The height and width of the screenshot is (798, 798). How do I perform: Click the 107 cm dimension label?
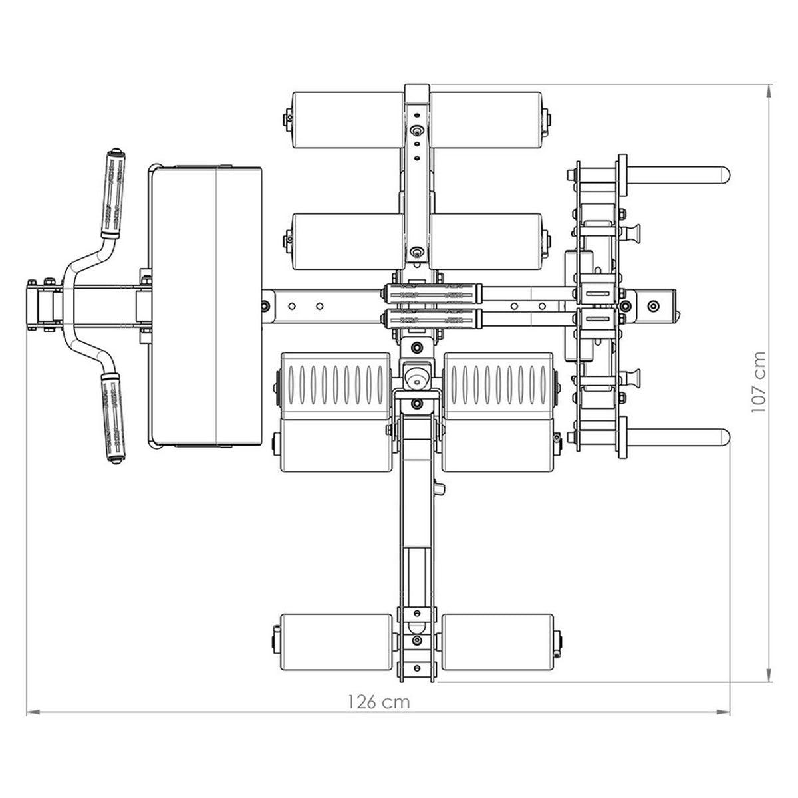[759, 382]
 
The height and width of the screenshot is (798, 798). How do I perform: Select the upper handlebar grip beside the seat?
[112, 194]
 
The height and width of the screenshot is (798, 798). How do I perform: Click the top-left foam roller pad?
[348, 120]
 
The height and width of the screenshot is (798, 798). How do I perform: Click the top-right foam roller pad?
[485, 120]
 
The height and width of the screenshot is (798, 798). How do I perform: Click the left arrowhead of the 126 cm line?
[33, 712]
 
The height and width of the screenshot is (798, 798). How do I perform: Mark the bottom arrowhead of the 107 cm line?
[769, 675]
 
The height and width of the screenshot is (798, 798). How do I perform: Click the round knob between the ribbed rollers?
[417, 377]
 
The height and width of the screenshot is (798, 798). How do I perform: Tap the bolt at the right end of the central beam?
[654, 306]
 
